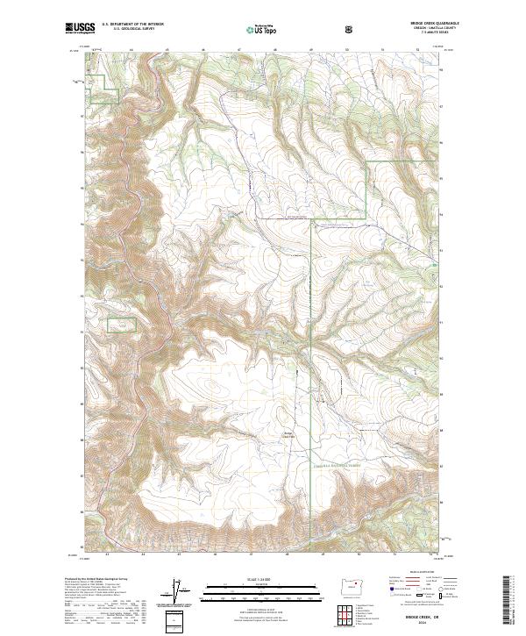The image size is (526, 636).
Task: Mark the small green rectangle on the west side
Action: click(122, 325)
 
